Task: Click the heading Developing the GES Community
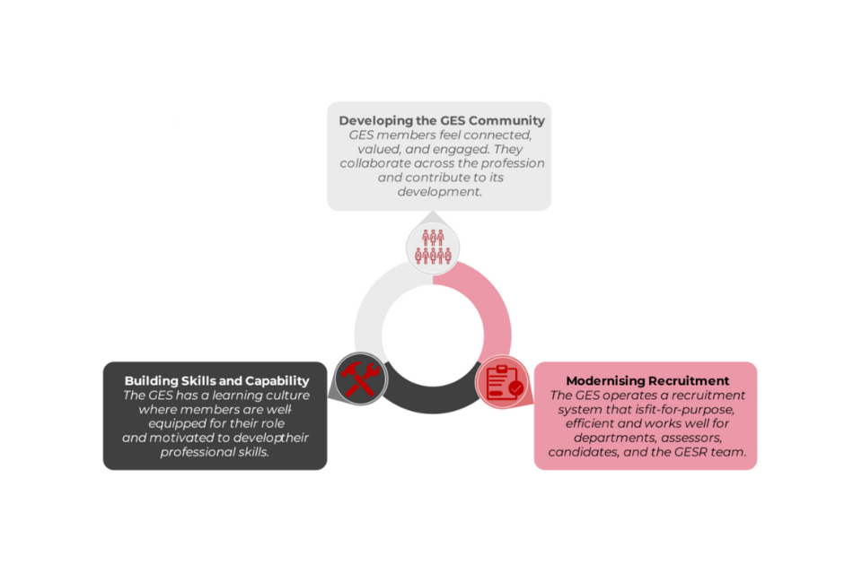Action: [x=442, y=120]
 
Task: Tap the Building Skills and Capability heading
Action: [x=216, y=380]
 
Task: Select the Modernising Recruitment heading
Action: [x=647, y=380]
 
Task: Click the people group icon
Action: [x=433, y=248]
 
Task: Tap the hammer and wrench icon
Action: [x=361, y=378]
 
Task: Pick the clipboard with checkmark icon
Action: [x=504, y=382]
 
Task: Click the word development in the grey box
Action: [x=439, y=192]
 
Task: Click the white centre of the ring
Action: [x=433, y=335]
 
